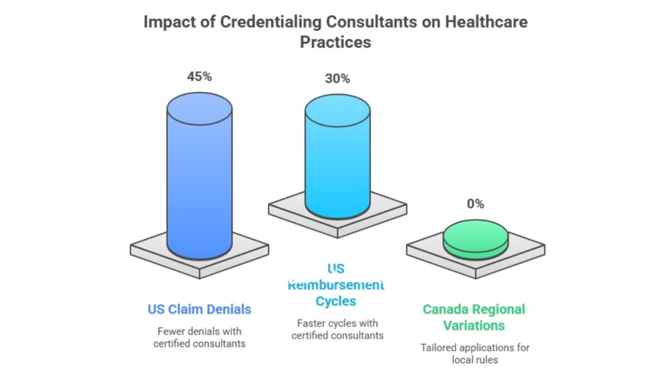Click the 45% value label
[199, 77]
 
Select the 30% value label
[337, 79]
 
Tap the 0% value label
[475, 204]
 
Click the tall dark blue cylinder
[199, 177]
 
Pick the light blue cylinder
[337, 157]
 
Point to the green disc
[475, 237]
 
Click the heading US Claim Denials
[199, 308]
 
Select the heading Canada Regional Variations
[474, 317]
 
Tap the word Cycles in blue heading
[336, 301]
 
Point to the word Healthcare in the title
[486, 22]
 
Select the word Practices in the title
[335, 42]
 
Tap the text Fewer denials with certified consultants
[199, 337]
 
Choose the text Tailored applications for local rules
[475, 353]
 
